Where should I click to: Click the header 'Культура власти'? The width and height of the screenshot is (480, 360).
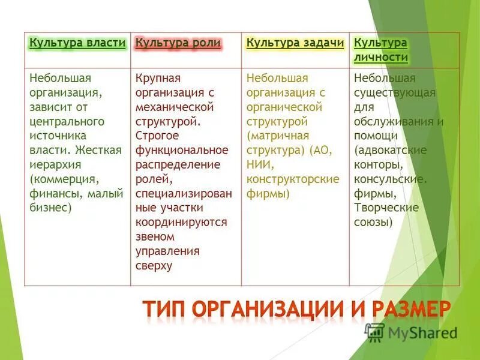(77, 43)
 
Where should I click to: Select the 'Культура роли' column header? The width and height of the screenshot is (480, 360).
(178, 43)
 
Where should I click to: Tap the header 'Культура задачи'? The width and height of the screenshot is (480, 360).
(295, 43)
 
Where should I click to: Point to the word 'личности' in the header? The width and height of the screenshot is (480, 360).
(381, 58)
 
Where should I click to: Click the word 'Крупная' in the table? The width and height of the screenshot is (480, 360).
(158, 79)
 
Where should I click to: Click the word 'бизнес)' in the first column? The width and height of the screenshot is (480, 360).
(50, 208)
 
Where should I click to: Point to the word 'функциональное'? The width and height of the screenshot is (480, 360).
(181, 150)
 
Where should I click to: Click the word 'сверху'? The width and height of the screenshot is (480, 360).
(154, 265)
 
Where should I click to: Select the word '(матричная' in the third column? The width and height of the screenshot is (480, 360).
(277, 136)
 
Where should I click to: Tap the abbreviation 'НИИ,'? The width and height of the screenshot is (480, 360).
(260, 164)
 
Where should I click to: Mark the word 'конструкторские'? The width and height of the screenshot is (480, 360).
(293, 179)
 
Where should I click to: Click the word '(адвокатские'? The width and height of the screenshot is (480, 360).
(390, 150)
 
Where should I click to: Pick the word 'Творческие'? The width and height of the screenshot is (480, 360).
(386, 208)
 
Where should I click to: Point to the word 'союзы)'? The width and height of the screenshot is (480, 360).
(374, 222)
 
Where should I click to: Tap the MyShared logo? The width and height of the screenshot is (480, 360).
(410, 332)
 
